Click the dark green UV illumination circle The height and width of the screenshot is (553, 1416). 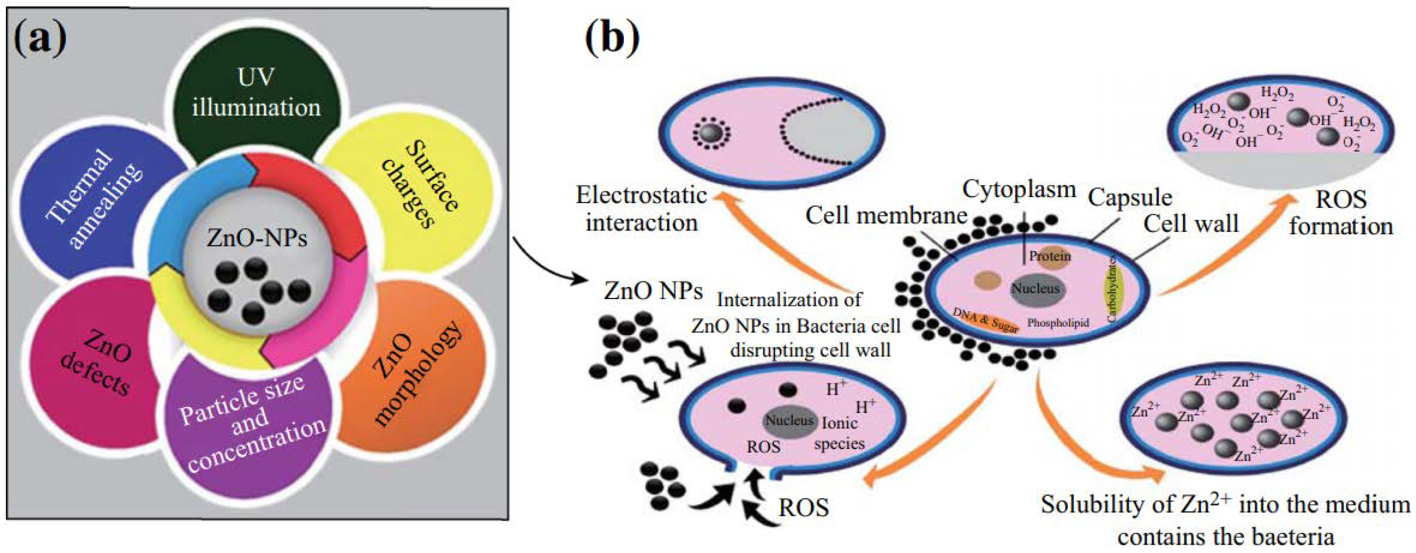[256, 93]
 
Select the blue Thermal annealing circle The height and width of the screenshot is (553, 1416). [93, 198]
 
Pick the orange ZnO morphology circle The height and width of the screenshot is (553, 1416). [418, 373]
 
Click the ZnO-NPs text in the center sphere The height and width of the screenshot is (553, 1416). [257, 238]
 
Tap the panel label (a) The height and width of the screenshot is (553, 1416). [40, 40]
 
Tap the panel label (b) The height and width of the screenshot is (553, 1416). [612, 40]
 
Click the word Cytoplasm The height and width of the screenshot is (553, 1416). [1019, 190]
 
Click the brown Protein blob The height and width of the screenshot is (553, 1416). [1050, 257]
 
